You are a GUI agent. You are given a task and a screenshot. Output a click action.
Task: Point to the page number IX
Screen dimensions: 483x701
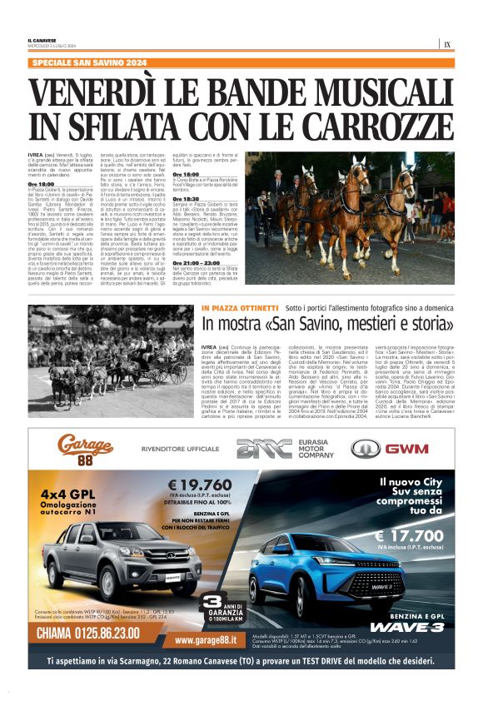447,45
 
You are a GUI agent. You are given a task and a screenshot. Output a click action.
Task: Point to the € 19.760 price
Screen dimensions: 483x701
202,485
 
